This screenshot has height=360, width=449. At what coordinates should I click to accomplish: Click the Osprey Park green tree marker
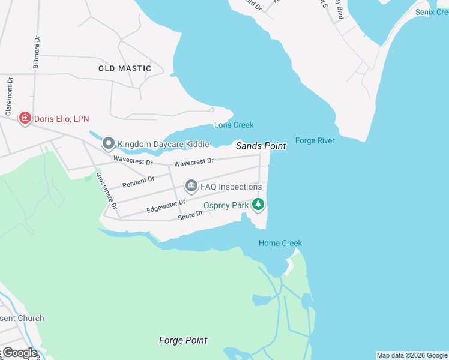click(258, 205)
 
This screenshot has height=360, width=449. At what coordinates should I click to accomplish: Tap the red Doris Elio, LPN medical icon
click(25, 118)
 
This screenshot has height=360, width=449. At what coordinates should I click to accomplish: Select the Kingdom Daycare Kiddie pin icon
click(108, 143)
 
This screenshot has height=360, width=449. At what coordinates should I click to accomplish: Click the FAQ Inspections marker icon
click(191, 187)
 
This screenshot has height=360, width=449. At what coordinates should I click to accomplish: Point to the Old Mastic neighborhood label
click(125, 68)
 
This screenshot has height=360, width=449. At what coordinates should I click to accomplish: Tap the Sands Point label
click(261, 146)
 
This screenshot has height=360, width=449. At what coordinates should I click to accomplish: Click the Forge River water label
click(315, 140)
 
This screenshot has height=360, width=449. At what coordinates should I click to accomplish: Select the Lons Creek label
click(234, 125)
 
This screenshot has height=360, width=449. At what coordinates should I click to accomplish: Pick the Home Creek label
click(280, 243)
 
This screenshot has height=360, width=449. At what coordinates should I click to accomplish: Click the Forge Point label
click(183, 340)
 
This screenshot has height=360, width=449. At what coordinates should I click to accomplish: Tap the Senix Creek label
click(432, 12)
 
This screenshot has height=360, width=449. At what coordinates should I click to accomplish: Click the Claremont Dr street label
click(9, 96)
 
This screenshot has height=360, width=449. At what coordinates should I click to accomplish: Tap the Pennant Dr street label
click(138, 181)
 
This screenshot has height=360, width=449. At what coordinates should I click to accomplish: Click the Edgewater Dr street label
click(166, 207)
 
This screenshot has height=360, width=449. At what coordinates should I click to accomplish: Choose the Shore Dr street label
click(190, 215)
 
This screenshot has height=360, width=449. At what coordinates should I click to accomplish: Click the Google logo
click(19, 353)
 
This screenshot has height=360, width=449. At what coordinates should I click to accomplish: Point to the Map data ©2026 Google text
click(412, 355)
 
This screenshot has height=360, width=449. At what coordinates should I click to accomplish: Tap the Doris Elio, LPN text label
click(62, 119)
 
